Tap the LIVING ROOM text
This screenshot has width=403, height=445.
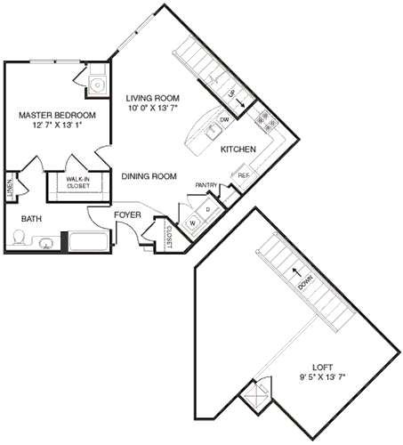[x=154, y=98]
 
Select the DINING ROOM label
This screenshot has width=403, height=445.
[x=149, y=176]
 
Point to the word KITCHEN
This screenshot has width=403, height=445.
[x=239, y=150]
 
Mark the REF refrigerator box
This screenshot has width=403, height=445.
[x=243, y=176]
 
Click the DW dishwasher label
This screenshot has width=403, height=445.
[x=225, y=118]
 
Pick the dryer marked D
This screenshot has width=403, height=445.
[x=207, y=210]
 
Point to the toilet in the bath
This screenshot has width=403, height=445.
[x=20, y=238]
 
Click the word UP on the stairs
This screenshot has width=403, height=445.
[x=232, y=93]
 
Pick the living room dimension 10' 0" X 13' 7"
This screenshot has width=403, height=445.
[x=154, y=109]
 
